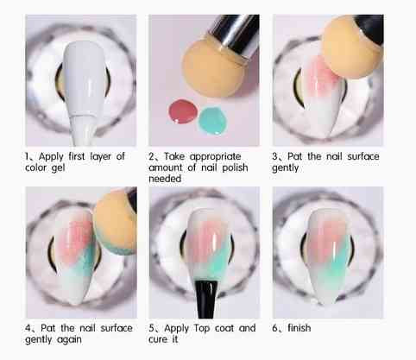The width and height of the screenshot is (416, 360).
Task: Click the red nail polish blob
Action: (183, 111)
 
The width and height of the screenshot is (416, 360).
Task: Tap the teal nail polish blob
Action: (212, 120)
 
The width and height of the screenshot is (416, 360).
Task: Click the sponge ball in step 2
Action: (211, 67)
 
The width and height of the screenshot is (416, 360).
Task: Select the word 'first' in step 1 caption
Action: (77, 156)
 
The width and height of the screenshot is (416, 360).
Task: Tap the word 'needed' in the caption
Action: (165, 179)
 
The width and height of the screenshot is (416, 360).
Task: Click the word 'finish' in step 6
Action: (299, 328)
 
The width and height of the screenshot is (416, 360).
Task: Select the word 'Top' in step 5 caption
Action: (202, 328)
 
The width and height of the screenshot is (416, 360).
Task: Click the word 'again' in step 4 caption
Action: (69, 340)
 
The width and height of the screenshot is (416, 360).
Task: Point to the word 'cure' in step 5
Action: (158, 339)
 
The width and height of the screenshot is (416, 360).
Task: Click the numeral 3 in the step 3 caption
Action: (275, 156)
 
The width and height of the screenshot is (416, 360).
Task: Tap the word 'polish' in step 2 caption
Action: (235, 167)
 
